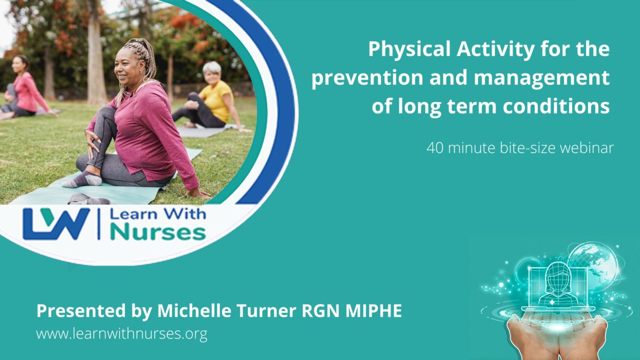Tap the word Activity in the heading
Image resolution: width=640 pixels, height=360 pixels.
click(495, 50)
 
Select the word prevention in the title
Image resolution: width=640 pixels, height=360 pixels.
click(367, 78)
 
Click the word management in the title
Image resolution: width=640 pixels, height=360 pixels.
click(542, 78)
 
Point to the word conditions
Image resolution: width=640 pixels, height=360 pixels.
click(556, 106)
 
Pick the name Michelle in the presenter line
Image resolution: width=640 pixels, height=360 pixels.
click(194, 310)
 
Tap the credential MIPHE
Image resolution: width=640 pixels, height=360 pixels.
click(374, 310)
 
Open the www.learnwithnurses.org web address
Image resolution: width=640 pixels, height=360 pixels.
click(122, 334)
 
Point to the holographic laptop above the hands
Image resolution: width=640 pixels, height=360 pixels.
click(557, 289)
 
